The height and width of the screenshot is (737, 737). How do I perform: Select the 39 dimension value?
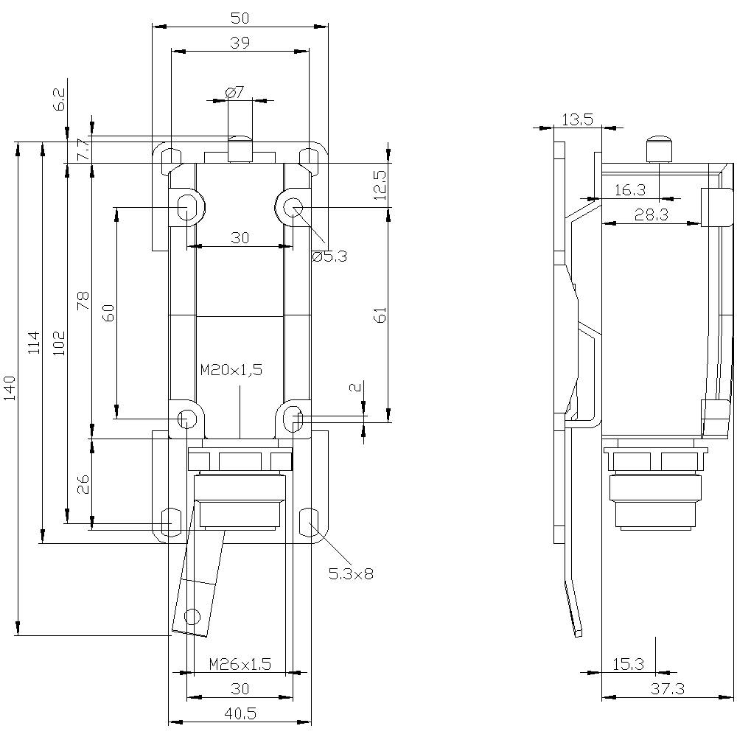240,43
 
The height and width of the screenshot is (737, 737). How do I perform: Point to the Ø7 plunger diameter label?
234,92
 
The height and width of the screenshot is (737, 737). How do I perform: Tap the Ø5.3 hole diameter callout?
329,256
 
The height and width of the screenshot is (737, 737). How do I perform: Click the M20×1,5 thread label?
231,370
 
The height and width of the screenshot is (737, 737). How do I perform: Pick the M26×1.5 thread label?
240,664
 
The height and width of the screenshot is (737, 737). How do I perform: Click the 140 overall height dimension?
9,388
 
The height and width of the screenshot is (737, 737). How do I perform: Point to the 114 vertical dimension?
34,343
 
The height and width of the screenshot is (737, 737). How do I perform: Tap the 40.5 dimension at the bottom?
240,713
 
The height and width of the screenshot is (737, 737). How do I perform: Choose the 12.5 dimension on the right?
379,185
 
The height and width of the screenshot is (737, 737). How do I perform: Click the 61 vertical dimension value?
380,315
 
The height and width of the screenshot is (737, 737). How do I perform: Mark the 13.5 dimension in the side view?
577,120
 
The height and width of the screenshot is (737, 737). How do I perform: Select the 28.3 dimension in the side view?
651,214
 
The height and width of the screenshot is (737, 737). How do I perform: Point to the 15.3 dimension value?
627,664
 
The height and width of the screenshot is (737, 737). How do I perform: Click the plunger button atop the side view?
659,149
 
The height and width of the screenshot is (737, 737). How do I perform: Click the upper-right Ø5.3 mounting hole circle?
293,207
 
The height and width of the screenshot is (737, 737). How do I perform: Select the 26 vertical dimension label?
83,483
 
